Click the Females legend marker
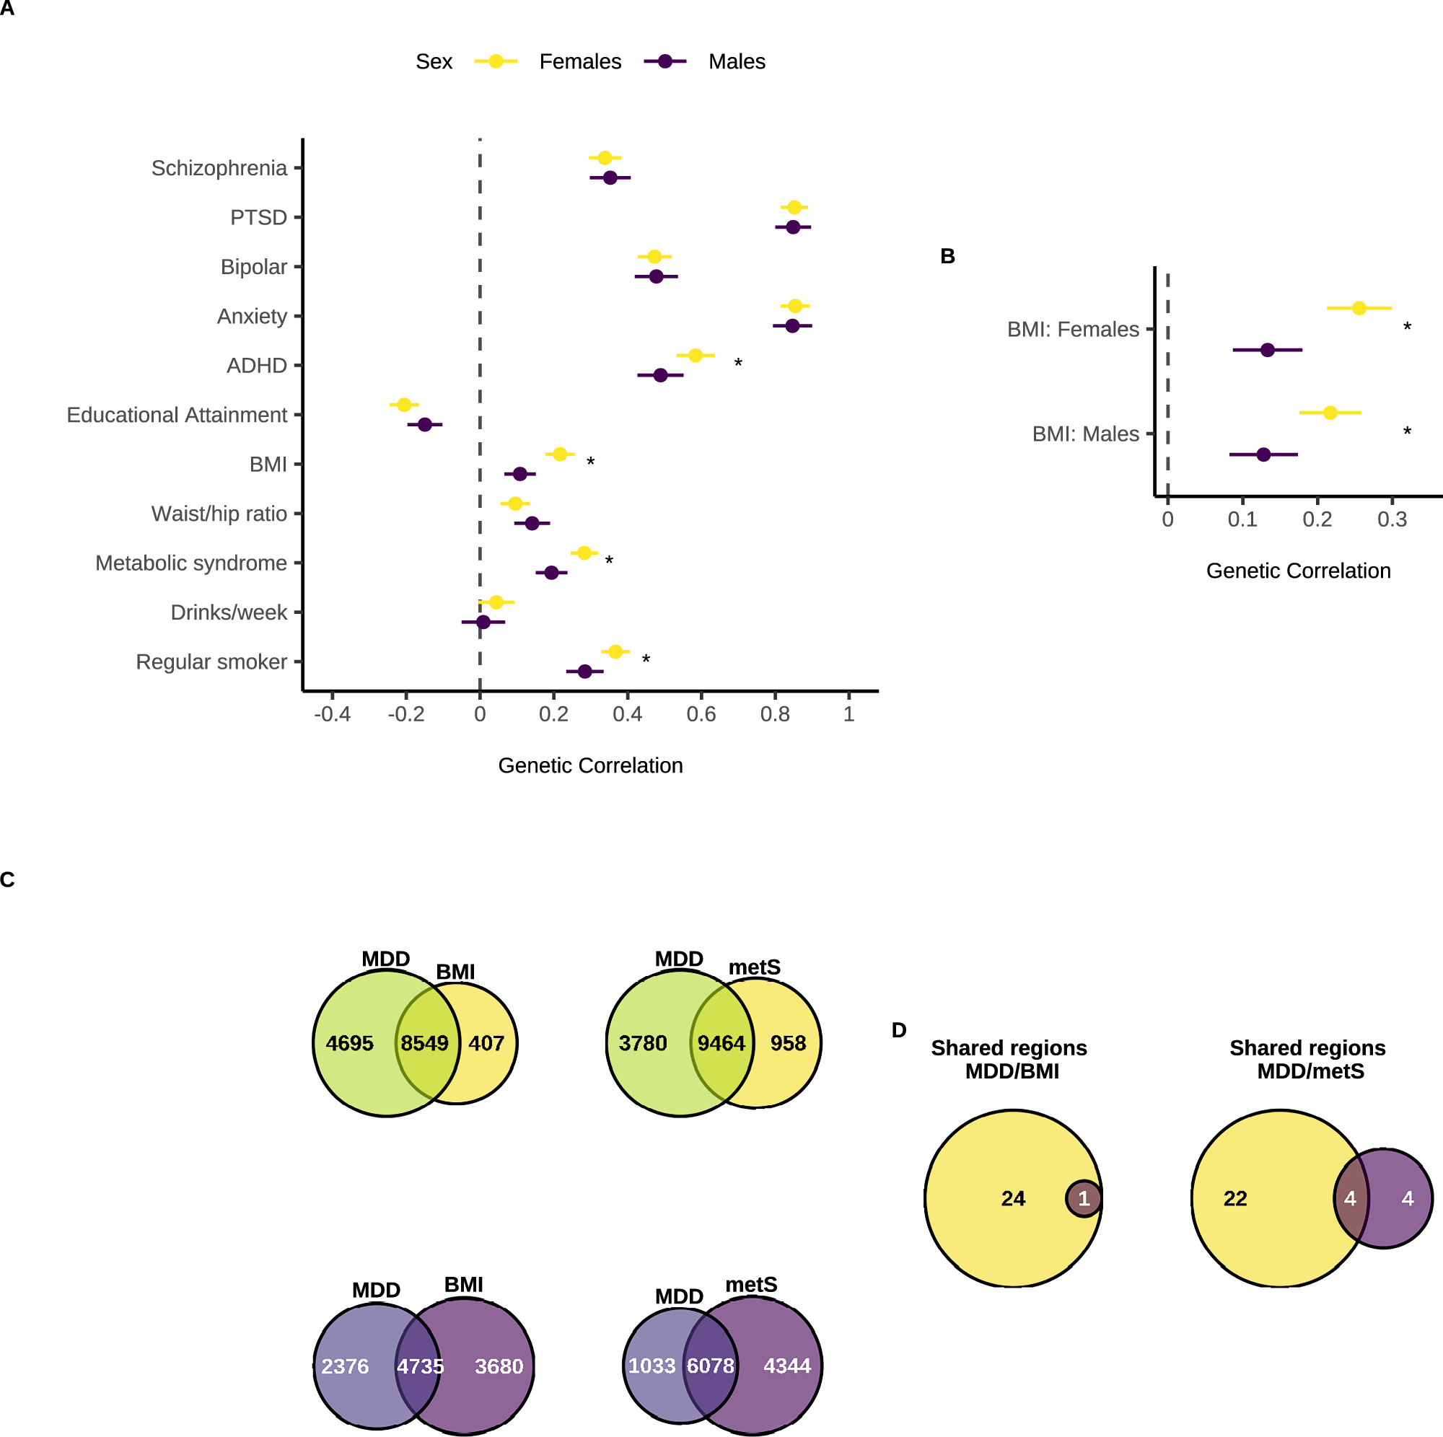496,61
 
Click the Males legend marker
665,61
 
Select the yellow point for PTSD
794,207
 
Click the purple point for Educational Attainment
424,424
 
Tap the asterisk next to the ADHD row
738,364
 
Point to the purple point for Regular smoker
585,672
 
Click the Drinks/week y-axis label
229,612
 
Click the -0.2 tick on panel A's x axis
405,715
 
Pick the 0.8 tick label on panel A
774,715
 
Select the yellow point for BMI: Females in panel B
1359,308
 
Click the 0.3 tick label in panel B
1392,520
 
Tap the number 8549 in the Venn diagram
424,1043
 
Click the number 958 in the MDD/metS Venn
788,1043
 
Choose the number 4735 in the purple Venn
420,1367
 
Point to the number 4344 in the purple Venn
787,1366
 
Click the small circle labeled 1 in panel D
1084,1199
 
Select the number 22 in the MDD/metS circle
1235,1199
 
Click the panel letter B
947,256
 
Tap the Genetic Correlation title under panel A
590,765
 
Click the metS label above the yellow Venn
755,967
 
